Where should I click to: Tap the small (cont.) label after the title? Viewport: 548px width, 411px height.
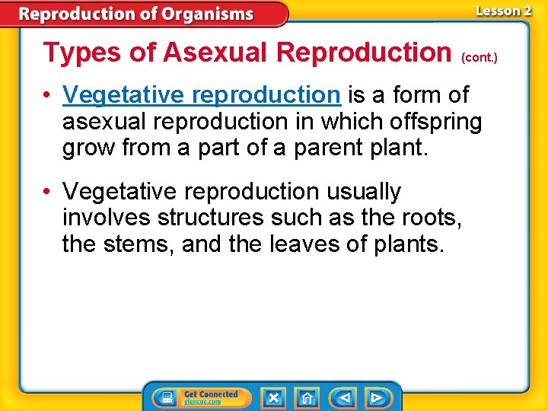tap(479, 58)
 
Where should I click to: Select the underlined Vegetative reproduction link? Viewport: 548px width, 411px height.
tap(201, 95)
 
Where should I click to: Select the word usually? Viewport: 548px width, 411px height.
tap(364, 192)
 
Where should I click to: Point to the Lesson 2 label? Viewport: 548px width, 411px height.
tap(503, 11)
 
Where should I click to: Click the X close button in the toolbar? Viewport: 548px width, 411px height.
tap(273, 397)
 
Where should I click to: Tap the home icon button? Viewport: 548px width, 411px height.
tap(307, 397)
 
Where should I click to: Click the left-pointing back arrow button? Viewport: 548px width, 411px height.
tap(344, 397)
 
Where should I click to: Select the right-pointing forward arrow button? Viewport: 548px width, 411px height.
tap(377, 397)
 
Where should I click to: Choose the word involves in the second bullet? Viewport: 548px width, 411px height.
tap(107, 218)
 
